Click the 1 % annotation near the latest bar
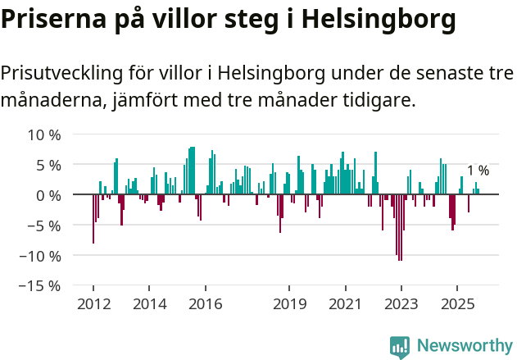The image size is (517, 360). point(478,171)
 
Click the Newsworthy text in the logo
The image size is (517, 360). point(464,345)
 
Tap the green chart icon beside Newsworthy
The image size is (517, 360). point(400,347)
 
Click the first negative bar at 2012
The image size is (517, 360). point(93,219)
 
